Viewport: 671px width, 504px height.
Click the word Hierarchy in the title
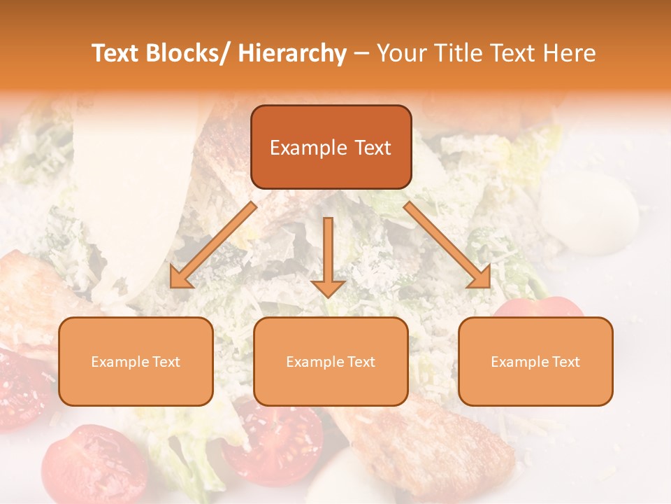292,53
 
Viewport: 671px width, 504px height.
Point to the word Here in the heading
569,53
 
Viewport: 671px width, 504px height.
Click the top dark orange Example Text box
331,147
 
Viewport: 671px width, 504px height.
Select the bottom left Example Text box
136,361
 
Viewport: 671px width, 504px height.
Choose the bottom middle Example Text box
331,361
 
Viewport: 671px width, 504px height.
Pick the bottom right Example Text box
535,361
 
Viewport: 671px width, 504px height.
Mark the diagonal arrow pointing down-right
447,245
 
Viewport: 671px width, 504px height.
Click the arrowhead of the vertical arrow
328,286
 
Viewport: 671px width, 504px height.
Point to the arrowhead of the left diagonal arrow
181,278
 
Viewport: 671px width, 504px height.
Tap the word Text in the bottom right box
565,362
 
